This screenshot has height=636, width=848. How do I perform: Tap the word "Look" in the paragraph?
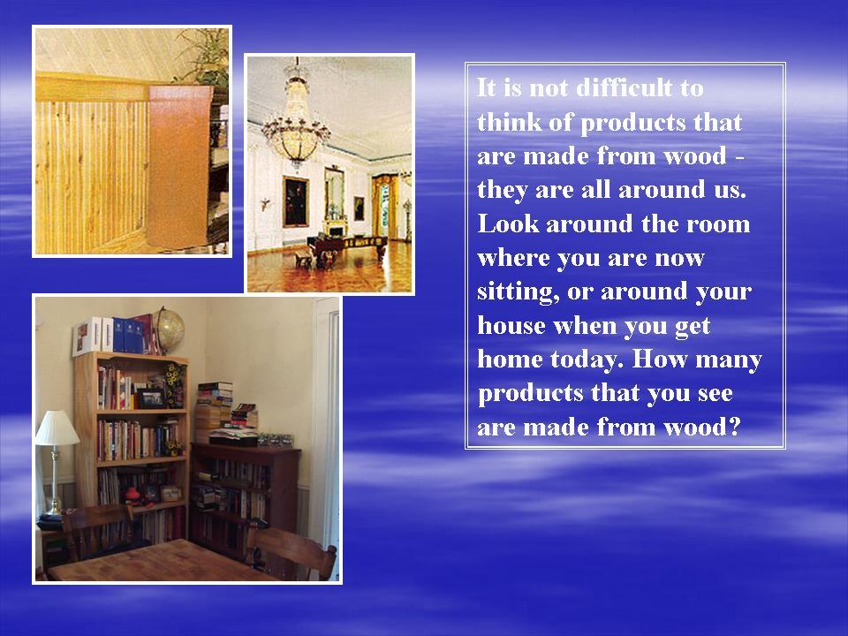tap(508, 223)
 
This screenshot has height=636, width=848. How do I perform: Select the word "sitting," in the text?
tap(518, 292)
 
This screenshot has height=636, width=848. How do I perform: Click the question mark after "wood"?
tap(734, 428)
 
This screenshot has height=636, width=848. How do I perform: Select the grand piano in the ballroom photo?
tap(346, 247)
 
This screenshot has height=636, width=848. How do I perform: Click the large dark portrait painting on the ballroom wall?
tap(295, 201)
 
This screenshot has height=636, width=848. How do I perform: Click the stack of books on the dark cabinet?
tap(214, 411)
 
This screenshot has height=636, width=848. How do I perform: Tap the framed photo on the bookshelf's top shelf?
tap(151, 398)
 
